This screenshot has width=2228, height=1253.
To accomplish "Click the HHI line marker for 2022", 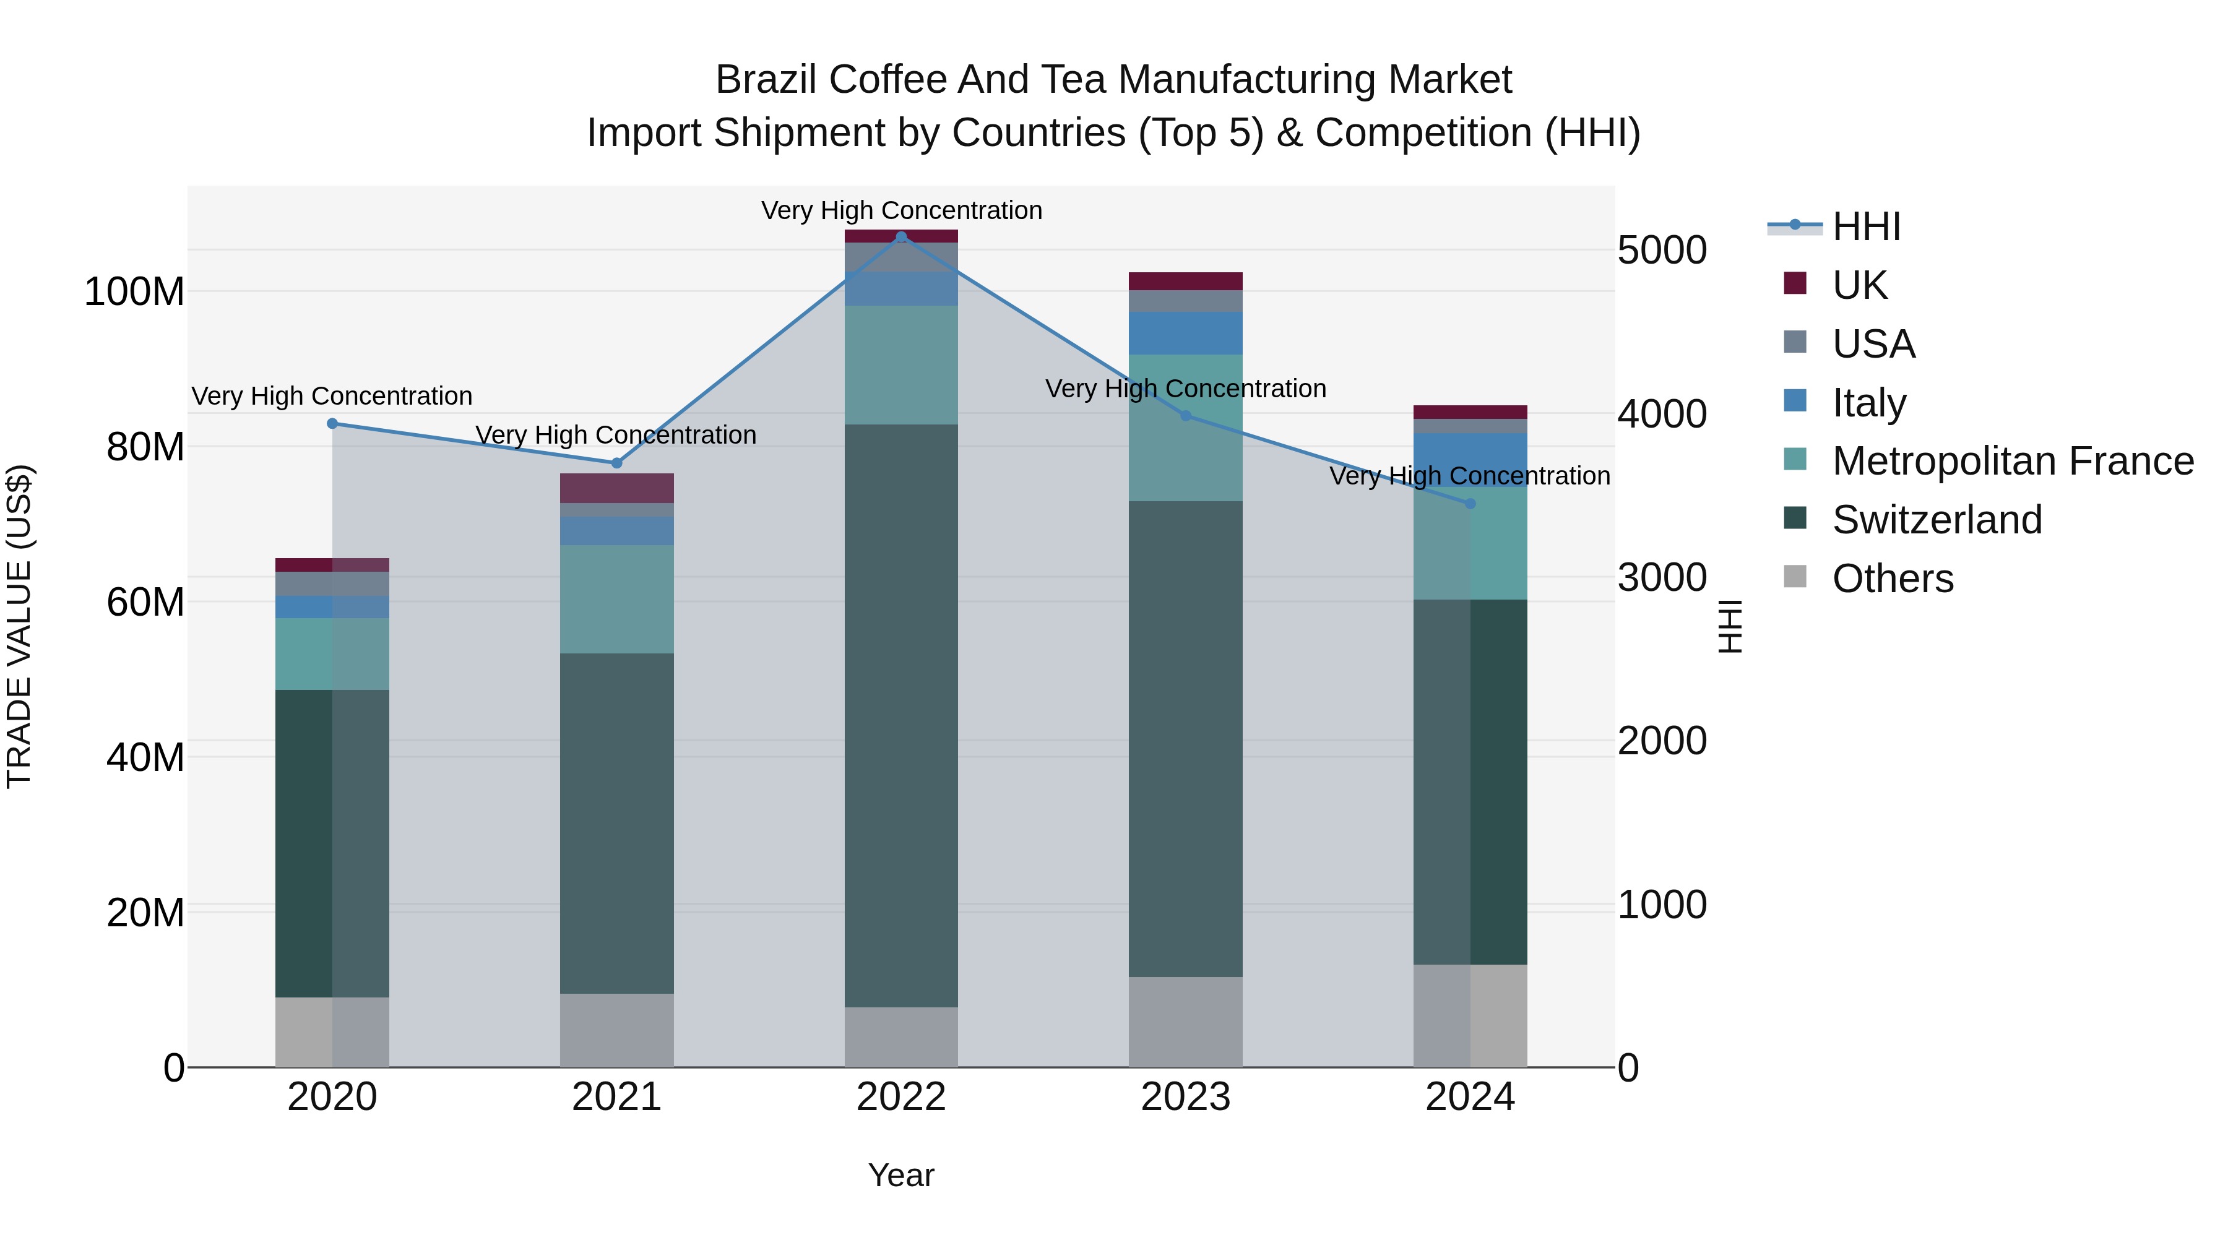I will pos(901,236).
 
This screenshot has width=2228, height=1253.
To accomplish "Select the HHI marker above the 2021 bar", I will pos(616,463).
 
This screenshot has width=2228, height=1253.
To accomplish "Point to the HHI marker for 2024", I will pos(1470,503).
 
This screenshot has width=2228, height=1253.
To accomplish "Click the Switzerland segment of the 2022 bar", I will pos(901,715).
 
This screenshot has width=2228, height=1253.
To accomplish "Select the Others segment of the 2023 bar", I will pos(1185,1022).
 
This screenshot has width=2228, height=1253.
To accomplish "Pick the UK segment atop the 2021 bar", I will pos(616,488).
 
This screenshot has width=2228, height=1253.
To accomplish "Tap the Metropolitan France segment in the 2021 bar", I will pos(616,598).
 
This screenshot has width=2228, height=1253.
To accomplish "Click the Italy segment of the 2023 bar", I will pos(1185,333).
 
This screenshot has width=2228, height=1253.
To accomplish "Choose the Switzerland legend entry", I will pos(1937,520).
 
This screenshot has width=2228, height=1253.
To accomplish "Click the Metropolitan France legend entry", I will pos(2013,461).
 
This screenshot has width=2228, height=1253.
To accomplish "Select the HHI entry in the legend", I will pos(1867,226).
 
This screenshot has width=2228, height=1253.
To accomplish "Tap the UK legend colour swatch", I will pos(1795,283).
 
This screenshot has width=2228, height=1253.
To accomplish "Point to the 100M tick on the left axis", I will pos(134,292).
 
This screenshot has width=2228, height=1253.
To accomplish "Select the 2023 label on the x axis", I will pos(1185,1097).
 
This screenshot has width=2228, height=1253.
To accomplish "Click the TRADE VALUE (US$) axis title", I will pos(19,626).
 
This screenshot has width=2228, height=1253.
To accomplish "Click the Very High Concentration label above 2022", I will pos(901,210).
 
